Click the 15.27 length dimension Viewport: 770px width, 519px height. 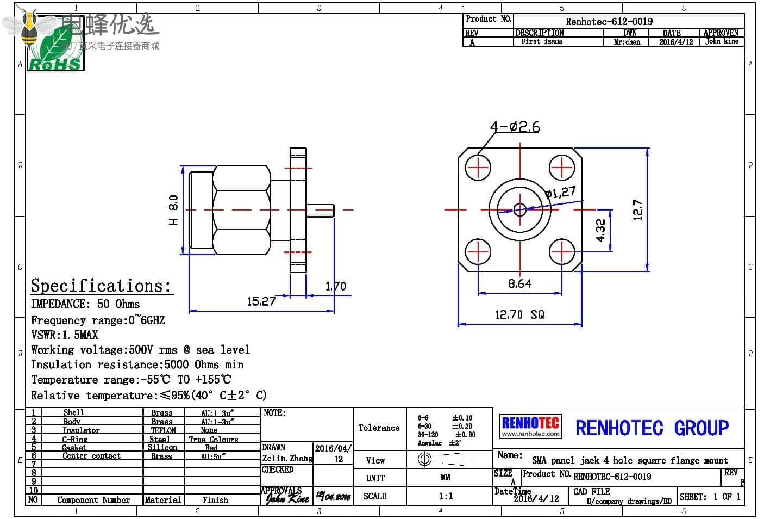(x=261, y=301)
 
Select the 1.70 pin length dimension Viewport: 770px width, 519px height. (x=335, y=286)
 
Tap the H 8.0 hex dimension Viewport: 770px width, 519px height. (x=173, y=209)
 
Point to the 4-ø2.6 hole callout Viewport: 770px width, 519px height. (x=515, y=127)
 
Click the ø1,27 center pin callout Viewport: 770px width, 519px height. (x=560, y=193)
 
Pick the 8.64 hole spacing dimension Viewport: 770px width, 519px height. (x=519, y=283)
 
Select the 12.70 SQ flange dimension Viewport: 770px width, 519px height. (x=519, y=314)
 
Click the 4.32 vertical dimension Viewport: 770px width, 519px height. (x=600, y=230)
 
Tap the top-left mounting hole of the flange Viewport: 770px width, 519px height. (x=478, y=168)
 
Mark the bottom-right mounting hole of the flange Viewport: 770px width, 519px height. (x=562, y=251)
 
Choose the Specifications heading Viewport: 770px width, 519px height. (x=101, y=286)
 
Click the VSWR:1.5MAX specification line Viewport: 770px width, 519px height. (x=65, y=335)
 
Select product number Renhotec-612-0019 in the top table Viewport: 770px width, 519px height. (x=609, y=22)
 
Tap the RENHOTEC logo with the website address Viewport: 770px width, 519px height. (x=530, y=427)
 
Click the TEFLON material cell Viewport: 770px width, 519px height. (x=163, y=430)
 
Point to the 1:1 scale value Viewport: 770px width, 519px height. (x=446, y=496)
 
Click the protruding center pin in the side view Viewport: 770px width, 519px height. (x=321, y=209)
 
